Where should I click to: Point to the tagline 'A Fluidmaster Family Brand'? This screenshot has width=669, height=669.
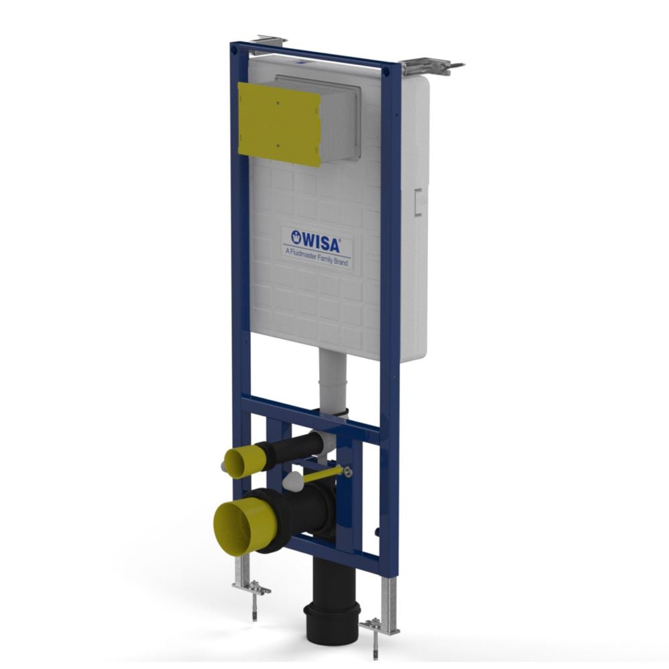(317, 257)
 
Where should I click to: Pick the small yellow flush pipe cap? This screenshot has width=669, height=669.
(240, 462)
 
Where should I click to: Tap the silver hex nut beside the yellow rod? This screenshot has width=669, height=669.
(348, 471)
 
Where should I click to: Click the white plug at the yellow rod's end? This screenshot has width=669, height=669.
(292, 480)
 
